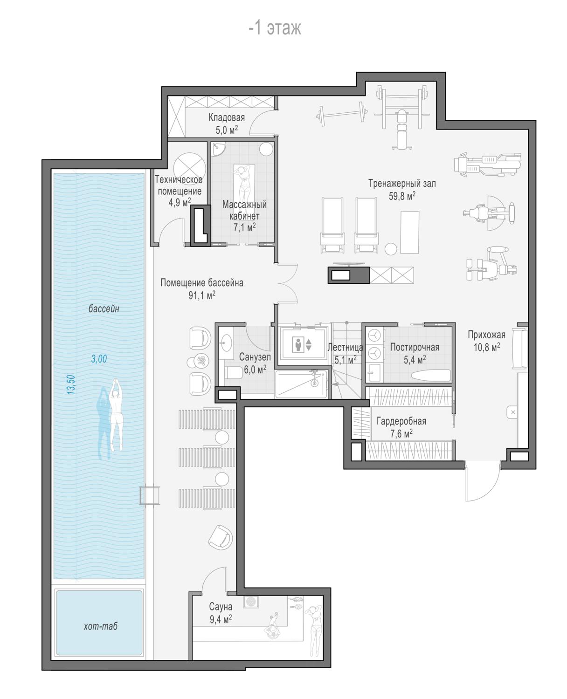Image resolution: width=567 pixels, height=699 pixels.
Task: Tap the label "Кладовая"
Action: [227, 117]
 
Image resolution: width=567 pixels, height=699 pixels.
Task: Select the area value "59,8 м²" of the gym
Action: [402, 196]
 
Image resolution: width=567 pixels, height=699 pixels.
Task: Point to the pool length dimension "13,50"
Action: [70, 384]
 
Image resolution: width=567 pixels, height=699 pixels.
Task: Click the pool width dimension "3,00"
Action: [99, 359]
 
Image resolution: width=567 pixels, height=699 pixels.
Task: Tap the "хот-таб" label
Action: [100, 626]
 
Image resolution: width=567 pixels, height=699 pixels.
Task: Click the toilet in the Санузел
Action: [233, 372]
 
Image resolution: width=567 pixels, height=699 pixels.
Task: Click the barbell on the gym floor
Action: [342, 114]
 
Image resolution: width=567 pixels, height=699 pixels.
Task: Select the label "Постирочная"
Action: [415, 347]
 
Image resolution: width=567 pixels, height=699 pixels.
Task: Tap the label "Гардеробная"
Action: [401, 421]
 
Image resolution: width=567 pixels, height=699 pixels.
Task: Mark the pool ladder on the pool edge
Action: [149, 495]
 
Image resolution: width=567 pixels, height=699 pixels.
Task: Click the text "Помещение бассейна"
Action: [202, 282]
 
